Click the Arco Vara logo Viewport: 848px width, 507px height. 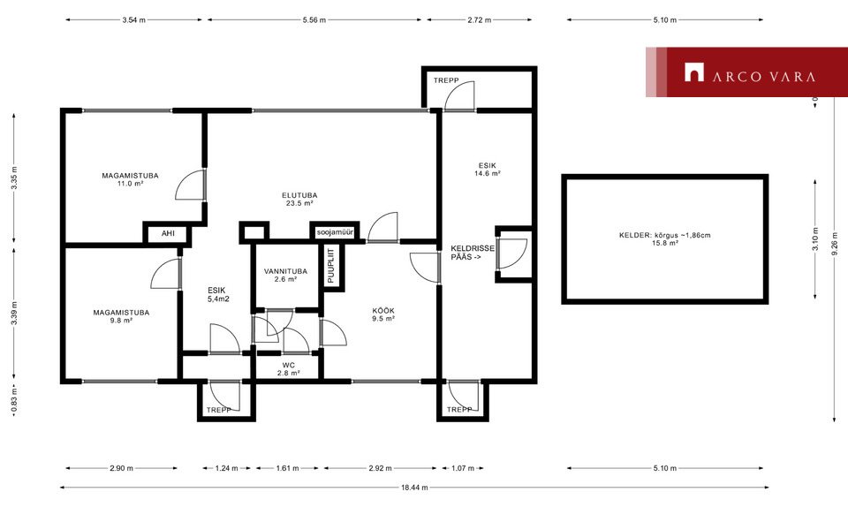[x=746, y=72]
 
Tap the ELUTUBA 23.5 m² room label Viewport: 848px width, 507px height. [x=299, y=200]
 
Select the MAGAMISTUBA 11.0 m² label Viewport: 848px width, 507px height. [x=131, y=179]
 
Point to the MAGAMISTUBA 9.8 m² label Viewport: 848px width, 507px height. [x=121, y=316]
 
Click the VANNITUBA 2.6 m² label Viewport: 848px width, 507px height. [x=285, y=275]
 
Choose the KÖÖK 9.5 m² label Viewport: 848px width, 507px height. [x=383, y=314]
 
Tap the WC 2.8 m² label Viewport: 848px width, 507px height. [x=289, y=369]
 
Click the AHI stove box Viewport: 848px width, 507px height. [x=168, y=233]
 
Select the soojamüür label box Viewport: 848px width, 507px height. [x=335, y=232]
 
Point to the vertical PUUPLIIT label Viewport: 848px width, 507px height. [x=331, y=265]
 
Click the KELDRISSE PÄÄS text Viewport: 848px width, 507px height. [x=472, y=253]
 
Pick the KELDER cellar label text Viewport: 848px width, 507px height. [x=664, y=239]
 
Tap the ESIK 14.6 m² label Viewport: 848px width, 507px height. [x=488, y=170]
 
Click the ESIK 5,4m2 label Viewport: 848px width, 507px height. [x=218, y=295]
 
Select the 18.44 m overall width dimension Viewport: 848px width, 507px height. [x=414, y=488]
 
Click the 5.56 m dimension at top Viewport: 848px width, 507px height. [x=314, y=20]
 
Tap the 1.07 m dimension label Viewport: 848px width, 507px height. [x=463, y=468]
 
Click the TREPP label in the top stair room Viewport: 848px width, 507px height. [x=446, y=80]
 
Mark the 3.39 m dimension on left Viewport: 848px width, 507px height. [x=14, y=314]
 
